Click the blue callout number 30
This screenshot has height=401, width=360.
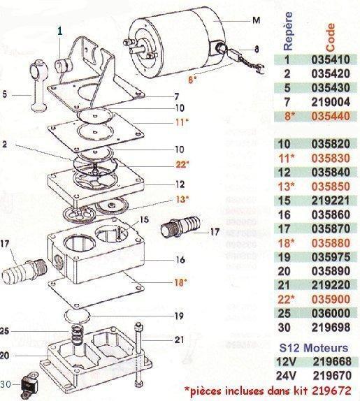tap(6, 383)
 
